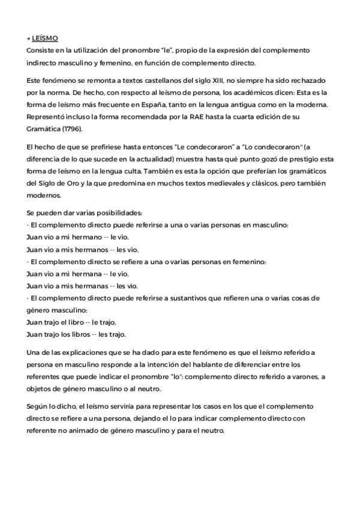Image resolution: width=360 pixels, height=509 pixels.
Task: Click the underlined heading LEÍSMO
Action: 46,38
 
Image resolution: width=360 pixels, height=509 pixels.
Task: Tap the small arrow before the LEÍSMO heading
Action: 29,38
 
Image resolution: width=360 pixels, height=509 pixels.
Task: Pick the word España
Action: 175,104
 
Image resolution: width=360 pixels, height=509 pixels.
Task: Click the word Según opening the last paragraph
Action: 38,406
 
